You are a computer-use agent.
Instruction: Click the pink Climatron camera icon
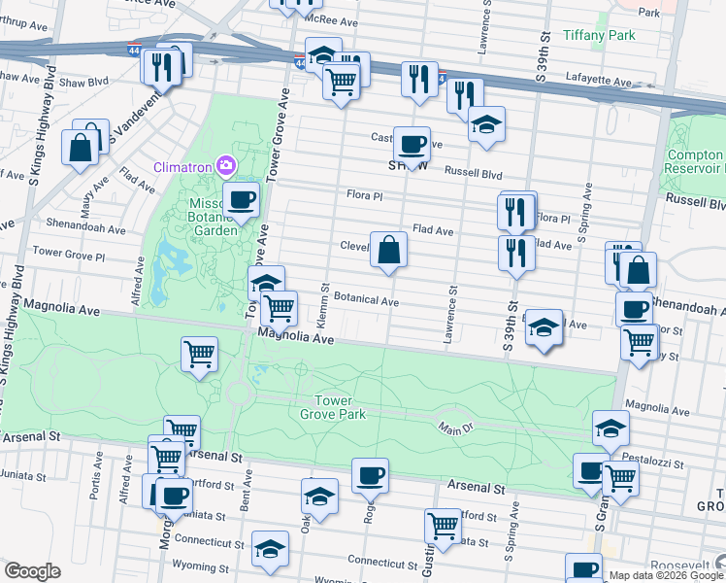coord(226,166)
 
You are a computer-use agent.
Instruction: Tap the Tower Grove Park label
coord(339,407)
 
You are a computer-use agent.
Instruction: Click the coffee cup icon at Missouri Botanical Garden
coord(241,200)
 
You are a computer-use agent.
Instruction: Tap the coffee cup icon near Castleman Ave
coord(412,144)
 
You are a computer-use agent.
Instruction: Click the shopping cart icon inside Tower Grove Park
coord(199,354)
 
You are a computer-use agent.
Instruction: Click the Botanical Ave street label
coord(366,301)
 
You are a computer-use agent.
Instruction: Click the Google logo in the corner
coord(33,571)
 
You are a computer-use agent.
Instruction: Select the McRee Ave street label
coord(330,18)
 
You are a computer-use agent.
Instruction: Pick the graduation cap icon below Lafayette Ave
coord(486,123)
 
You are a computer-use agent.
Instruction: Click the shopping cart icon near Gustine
coord(443,526)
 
